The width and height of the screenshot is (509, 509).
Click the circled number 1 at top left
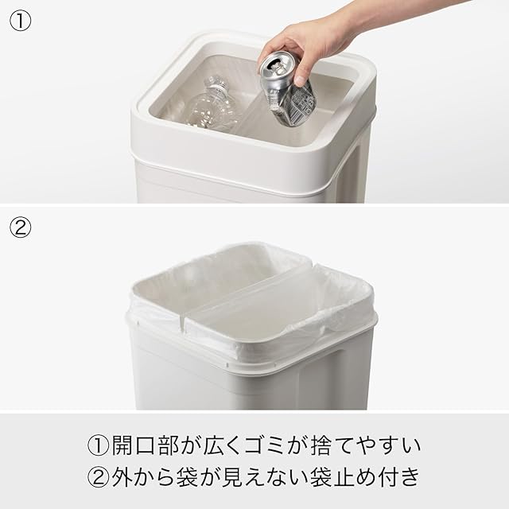[x=21, y=21]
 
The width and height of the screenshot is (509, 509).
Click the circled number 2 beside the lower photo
[x=21, y=227]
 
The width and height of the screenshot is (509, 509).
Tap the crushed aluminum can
[x=287, y=88]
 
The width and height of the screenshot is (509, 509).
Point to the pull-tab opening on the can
[x=275, y=67]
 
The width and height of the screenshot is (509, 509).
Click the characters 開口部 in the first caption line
[x=145, y=445]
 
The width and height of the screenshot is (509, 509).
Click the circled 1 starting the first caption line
[x=99, y=445]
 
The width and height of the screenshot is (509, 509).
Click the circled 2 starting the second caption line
[x=99, y=477]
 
